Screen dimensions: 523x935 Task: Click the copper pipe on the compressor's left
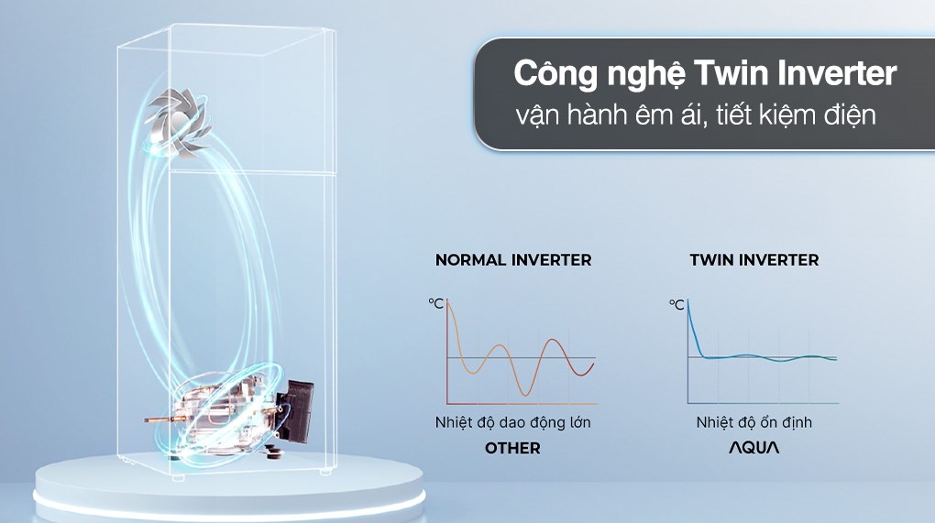(161, 419)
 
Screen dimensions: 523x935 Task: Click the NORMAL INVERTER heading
(513, 260)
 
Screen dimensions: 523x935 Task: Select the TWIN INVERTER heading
(754, 260)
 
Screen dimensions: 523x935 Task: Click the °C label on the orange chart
(435, 304)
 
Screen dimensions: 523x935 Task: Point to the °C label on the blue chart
(677, 304)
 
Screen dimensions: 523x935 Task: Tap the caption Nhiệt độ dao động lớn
(513, 422)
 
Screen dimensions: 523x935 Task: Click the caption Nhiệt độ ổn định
(753, 422)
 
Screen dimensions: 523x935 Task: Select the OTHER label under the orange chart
(513, 448)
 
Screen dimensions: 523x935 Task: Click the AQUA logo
(753, 448)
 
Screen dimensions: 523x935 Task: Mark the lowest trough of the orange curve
(525, 394)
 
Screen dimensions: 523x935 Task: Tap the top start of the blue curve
(688, 301)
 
